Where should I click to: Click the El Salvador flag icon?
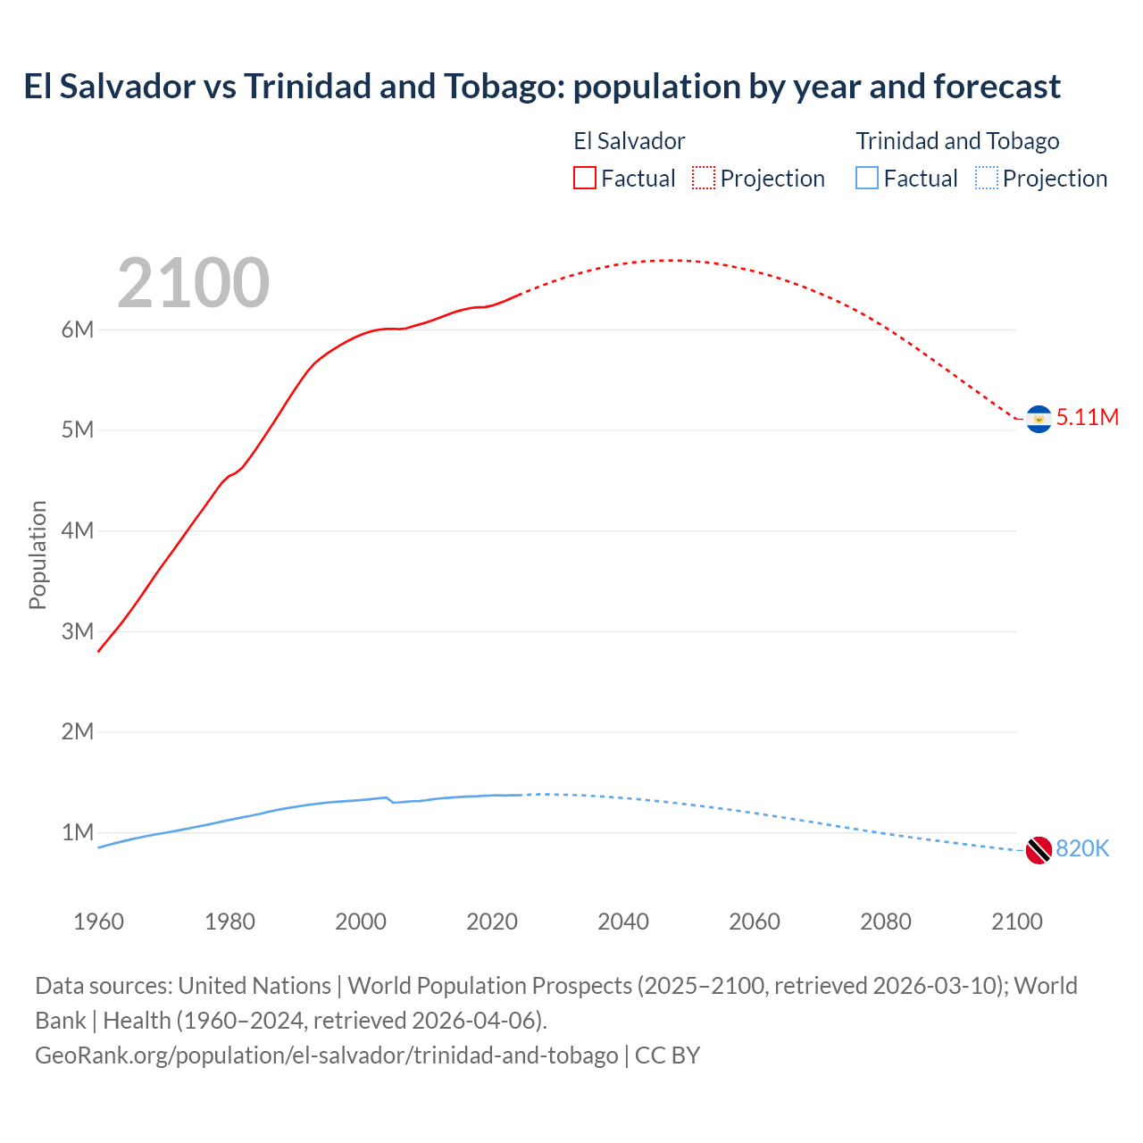coord(1039,419)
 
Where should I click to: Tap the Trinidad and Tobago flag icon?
coord(1039,850)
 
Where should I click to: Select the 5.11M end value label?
coord(1087,417)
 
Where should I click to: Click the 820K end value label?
coord(1082,848)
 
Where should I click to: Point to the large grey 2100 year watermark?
coord(193,283)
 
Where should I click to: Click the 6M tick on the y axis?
coord(78,330)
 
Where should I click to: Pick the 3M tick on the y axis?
coord(78,631)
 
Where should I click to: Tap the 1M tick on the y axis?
coord(78,832)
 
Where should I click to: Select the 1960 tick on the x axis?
coord(98,922)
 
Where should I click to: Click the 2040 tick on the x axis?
coord(623,922)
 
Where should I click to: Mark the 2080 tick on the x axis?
coord(886,922)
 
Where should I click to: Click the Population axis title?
coord(38,555)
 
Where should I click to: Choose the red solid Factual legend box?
coord(585,179)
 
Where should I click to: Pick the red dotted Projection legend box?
coord(704,179)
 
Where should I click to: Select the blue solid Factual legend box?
coord(867,179)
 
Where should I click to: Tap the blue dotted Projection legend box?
coord(987,179)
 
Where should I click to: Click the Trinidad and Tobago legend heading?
coord(957,141)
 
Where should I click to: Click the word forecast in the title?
coord(997,87)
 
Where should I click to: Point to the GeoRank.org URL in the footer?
coord(326,1055)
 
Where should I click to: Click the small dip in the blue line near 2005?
coord(392,802)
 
